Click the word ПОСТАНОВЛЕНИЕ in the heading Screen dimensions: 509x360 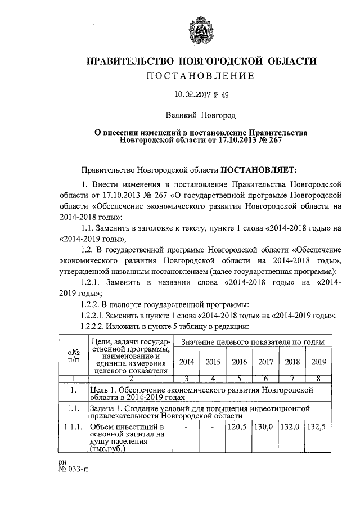[200, 75]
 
